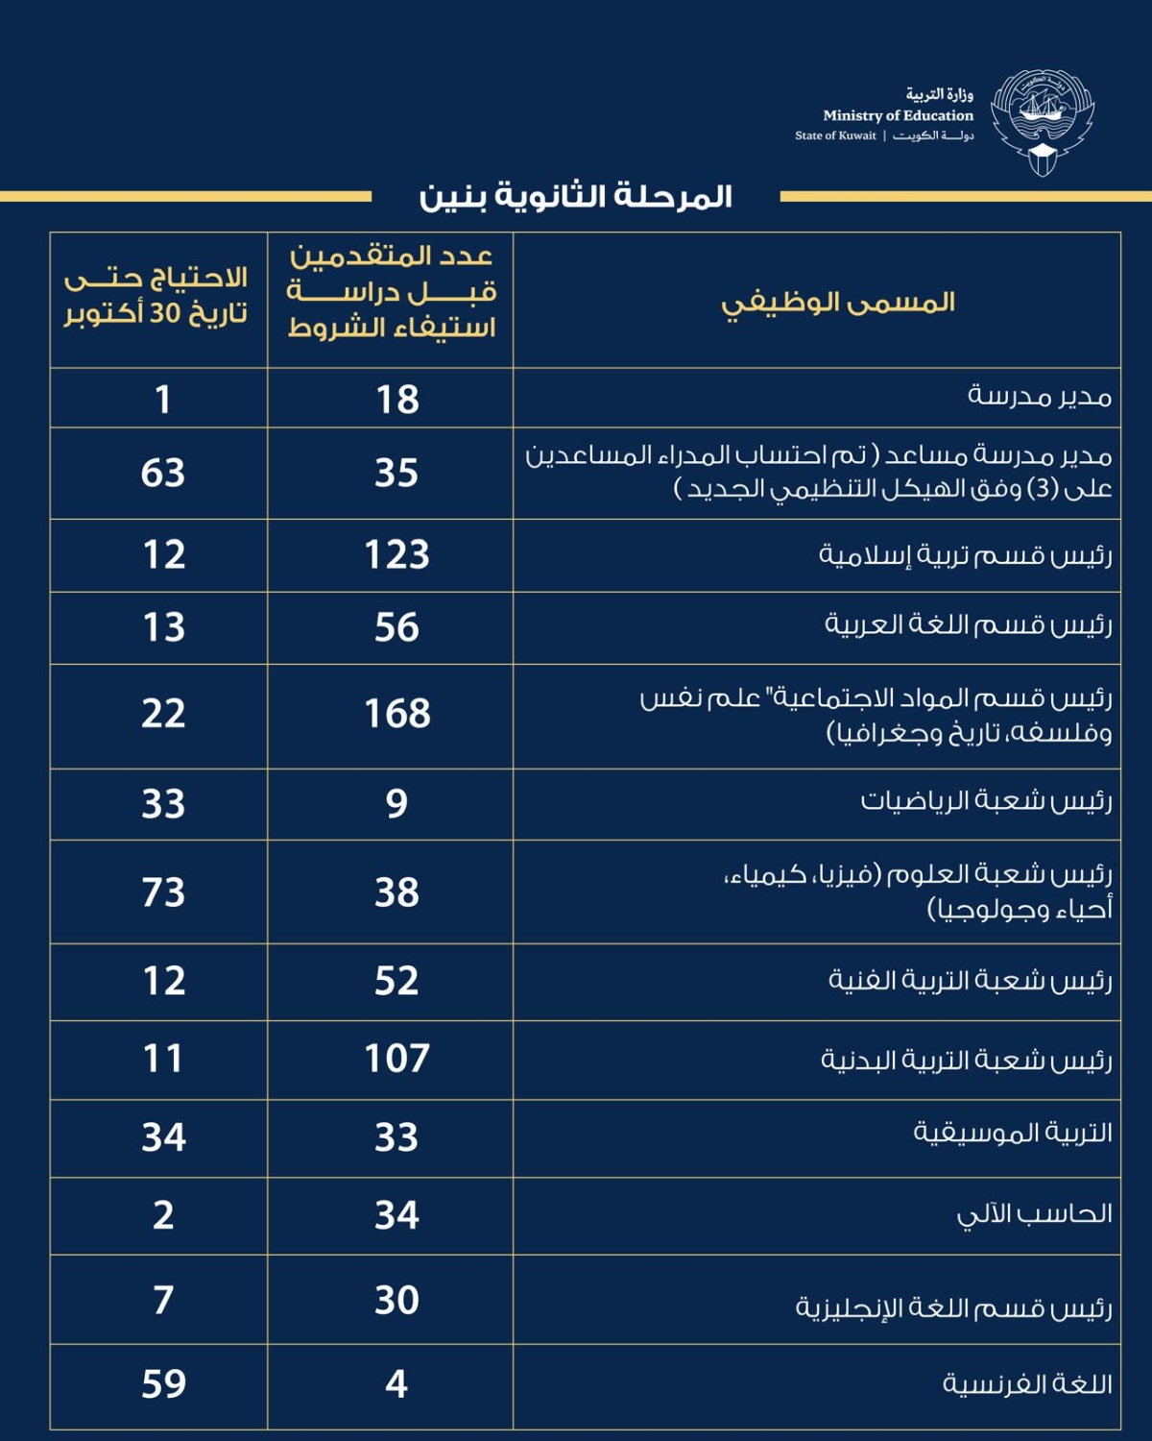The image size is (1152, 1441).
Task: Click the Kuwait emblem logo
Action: click(x=1043, y=122)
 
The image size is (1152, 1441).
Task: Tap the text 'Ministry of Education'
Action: click(x=898, y=115)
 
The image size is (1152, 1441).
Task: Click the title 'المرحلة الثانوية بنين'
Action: click(x=575, y=197)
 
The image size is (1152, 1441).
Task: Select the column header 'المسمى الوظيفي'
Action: click(x=838, y=303)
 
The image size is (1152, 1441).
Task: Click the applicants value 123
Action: click(x=396, y=555)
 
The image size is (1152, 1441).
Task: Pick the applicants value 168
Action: click(x=396, y=714)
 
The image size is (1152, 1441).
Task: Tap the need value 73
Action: click(x=163, y=892)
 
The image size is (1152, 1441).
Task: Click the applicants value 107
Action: click(x=396, y=1059)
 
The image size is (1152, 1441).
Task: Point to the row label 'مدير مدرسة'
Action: click(x=1040, y=396)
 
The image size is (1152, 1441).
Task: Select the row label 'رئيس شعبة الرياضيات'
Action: click(x=986, y=800)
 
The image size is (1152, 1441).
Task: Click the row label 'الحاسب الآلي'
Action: click(x=1035, y=1214)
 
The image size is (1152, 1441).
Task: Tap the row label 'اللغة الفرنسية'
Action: click(x=1027, y=1383)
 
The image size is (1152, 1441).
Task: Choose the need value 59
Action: click(x=163, y=1383)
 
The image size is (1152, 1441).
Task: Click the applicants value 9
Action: click(x=396, y=803)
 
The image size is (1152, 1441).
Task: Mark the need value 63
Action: click(x=163, y=473)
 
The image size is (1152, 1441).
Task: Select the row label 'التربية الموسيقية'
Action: click(x=1013, y=1134)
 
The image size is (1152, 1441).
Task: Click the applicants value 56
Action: click(x=396, y=627)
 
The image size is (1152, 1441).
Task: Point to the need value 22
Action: click(x=163, y=714)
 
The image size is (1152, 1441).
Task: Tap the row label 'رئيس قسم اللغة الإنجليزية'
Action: click(x=953, y=1307)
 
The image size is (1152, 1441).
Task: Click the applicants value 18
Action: click(x=396, y=400)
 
